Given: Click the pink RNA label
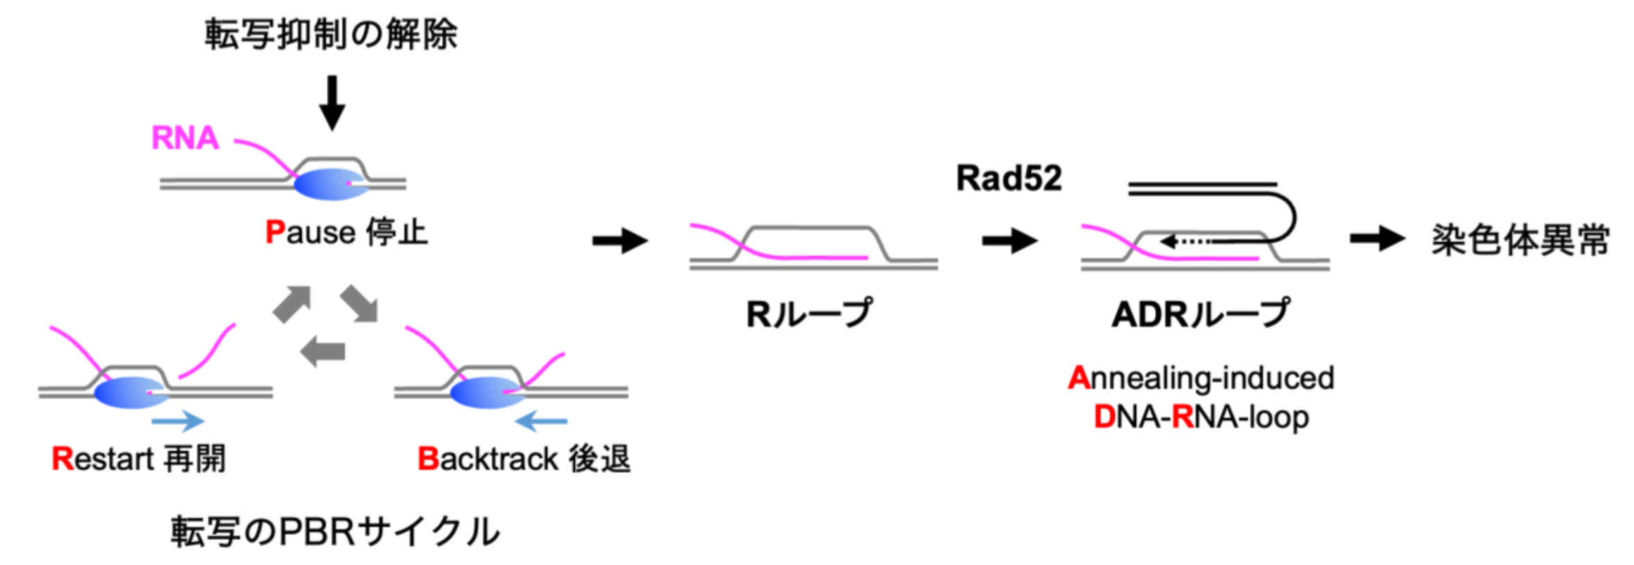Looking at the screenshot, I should (185, 137).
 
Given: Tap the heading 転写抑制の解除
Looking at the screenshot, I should (330, 34).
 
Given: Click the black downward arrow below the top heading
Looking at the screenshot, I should (332, 103).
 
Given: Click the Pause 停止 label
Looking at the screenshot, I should (346, 233).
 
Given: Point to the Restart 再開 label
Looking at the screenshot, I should (139, 459).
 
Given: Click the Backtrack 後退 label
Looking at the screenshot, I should (523, 459).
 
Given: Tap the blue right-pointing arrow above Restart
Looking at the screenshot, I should (178, 421).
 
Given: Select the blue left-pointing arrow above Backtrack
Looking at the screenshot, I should (541, 421).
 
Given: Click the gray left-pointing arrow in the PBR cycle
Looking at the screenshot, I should (323, 351).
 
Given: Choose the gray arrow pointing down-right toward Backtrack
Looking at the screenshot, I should (360, 304).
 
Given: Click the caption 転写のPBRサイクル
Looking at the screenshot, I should (335, 532).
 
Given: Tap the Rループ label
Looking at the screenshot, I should (809, 314).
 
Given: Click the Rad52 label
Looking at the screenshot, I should (1009, 178).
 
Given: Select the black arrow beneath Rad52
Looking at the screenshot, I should (1009, 241).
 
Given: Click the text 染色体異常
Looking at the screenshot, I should (1520, 241).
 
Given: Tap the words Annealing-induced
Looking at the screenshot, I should (1201, 378).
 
